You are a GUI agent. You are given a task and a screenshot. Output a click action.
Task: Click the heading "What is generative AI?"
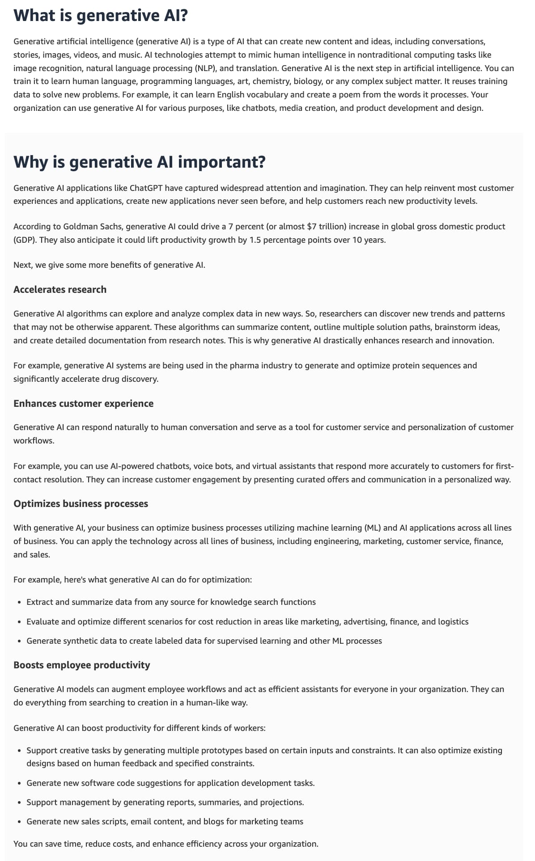[101, 16]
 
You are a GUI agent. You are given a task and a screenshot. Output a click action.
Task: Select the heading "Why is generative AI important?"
[140, 162]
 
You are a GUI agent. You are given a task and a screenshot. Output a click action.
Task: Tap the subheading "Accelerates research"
[60, 290]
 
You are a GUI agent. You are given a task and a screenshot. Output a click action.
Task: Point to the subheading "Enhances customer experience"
[83, 404]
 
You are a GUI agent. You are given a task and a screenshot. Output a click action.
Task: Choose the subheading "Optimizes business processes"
[81, 504]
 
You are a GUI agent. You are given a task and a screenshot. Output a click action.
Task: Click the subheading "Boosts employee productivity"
[82, 665]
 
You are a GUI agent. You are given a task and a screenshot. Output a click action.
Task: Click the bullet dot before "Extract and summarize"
[19, 603]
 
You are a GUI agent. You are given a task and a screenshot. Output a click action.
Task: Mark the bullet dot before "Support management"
[19, 803]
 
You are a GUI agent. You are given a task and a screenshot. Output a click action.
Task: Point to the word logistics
[452, 622]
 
